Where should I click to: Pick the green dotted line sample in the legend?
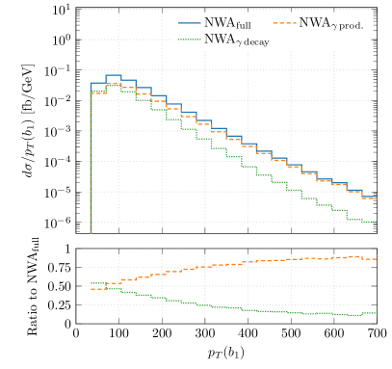(x=188, y=39)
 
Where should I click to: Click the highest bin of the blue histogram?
(x=113, y=75)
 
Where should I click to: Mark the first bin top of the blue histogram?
(x=98, y=84)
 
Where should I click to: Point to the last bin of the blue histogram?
(x=369, y=197)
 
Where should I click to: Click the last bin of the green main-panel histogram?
(x=369, y=222)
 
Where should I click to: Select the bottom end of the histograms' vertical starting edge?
(x=91, y=232)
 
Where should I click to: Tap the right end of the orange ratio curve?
(x=376, y=258)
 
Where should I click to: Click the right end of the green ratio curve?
(x=376, y=313)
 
